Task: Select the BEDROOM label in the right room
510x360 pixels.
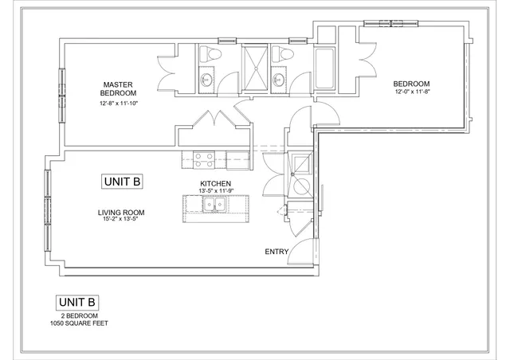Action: (411, 84)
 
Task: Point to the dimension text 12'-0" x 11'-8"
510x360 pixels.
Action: (411, 92)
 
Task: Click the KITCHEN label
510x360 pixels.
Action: (215, 183)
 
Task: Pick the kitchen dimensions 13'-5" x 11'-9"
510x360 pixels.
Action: (215, 191)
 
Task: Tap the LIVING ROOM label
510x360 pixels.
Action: (120, 212)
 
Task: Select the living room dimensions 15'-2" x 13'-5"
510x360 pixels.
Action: (120, 219)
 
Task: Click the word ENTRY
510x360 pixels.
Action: (277, 252)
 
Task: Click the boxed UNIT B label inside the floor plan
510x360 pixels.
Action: (123, 182)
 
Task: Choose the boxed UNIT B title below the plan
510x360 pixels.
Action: (78, 303)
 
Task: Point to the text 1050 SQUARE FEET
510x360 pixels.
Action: (78, 323)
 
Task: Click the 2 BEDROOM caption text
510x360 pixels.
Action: (78, 316)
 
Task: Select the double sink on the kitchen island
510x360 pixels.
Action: (213, 205)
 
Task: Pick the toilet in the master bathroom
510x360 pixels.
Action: (209, 54)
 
